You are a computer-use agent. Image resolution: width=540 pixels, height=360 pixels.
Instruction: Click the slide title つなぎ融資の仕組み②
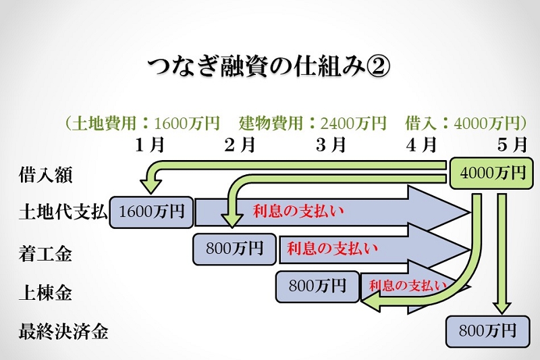click(x=269, y=66)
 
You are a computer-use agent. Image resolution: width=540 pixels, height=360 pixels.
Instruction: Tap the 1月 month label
click(x=150, y=145)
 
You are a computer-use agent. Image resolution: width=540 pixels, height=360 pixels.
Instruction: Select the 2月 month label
click(x=240, y=145)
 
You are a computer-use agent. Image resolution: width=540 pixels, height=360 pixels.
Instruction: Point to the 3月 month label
click(x=331, y=145)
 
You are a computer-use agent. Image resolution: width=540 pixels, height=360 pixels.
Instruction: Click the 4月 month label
click(x=421, y=145)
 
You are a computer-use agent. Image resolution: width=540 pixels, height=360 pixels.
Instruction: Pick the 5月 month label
click(x=512, y=145)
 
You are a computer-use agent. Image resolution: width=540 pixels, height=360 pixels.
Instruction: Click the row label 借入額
click(x=45, y=174)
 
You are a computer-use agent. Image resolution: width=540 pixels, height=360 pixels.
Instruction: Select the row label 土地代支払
click(x=63, y=211)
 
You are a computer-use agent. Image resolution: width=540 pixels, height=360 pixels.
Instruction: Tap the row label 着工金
click(x=45, y=254)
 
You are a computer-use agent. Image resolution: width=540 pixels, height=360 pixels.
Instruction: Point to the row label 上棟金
click(x=45, y=293)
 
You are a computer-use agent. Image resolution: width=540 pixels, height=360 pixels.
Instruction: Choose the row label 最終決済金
click(x=63, y=332)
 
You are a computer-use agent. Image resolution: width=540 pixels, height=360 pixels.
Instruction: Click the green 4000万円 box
click(x=492, y=174)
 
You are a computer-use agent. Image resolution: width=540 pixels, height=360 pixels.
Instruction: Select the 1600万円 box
click(x=151, y=212)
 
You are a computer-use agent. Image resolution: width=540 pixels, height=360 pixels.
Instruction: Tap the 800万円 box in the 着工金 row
click(x=234, y=249)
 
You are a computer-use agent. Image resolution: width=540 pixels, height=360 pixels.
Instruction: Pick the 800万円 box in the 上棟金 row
click(x=317, y=287)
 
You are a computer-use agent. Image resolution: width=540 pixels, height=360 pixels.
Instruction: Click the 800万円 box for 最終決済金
click(x=487, y=332)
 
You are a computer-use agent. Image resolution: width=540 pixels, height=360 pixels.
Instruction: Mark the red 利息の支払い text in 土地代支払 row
click(x=298, y=211)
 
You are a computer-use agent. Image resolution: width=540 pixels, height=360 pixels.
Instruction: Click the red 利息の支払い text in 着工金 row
click(x=332, y=248)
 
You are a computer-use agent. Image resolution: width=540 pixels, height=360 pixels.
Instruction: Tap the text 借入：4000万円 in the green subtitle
click(x=462, y=123)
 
